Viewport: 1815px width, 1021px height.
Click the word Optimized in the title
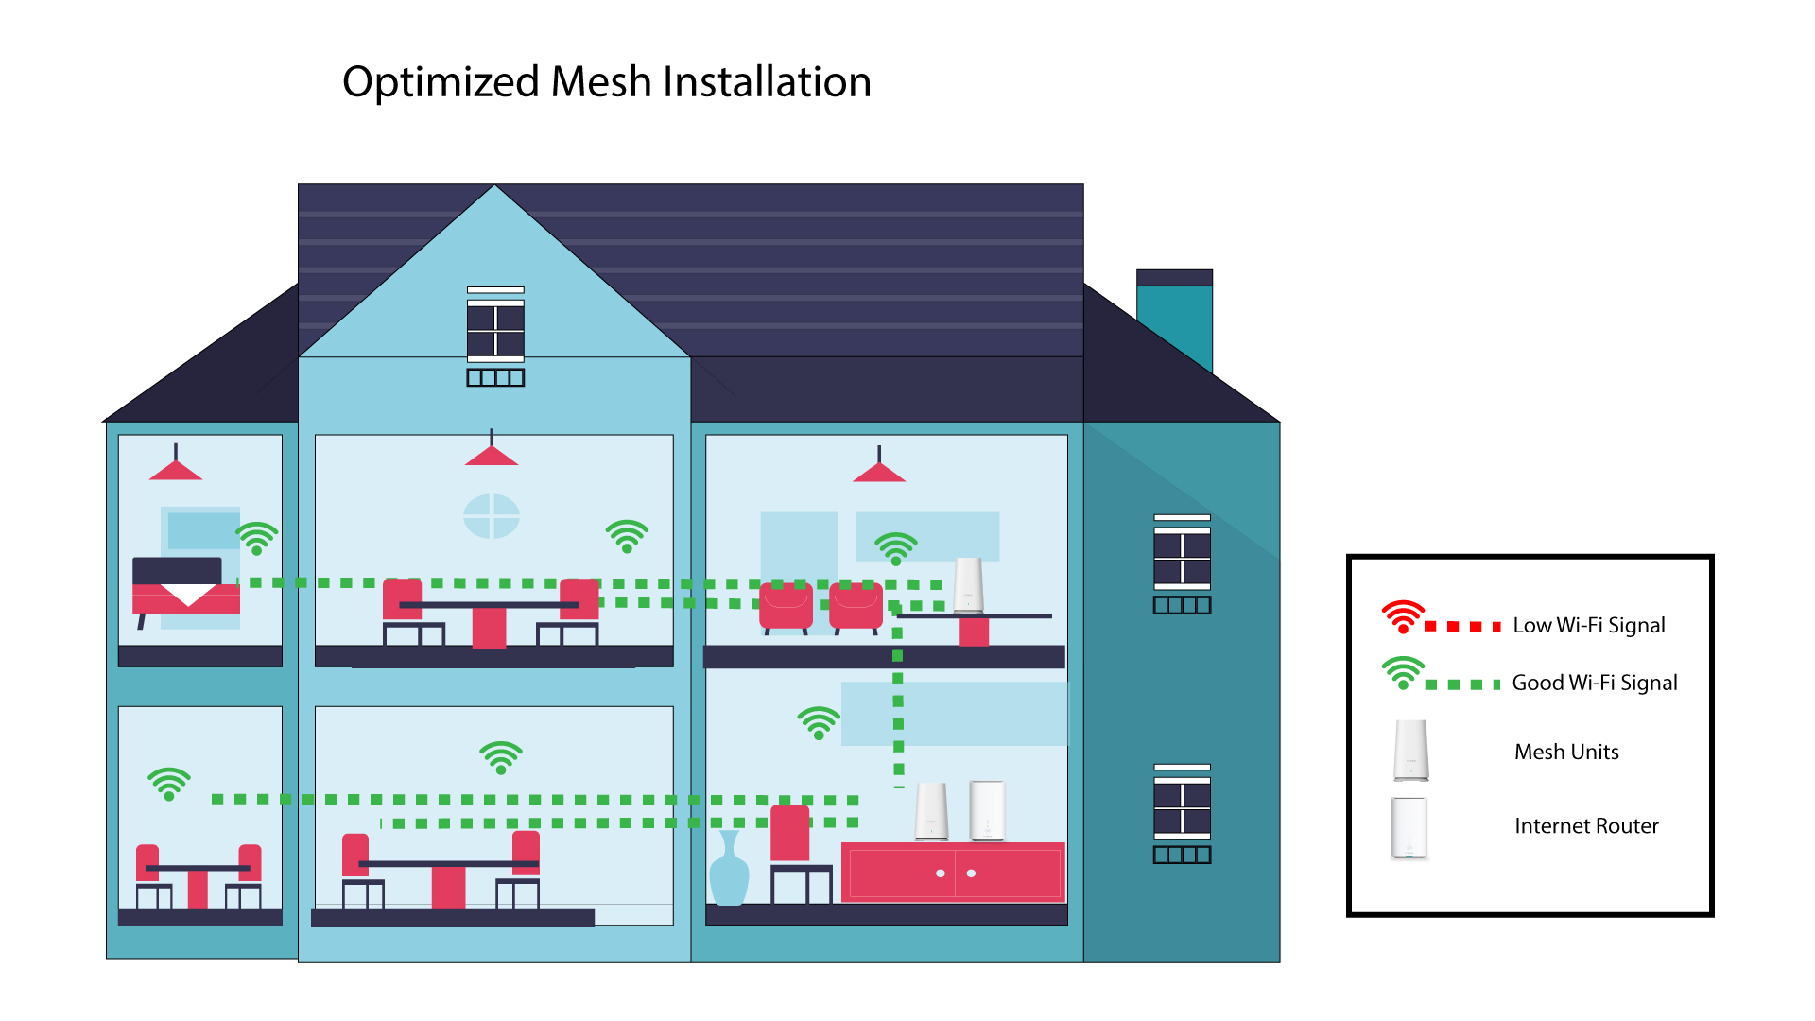(441, 83)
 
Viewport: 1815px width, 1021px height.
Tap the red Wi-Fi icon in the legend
(1403, 616)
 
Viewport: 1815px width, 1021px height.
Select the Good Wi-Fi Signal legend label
(1595, 683)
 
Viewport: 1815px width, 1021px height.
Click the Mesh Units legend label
(1566, 752)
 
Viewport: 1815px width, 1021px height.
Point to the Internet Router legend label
(1586, 825)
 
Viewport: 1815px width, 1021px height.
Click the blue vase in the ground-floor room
(729, 869)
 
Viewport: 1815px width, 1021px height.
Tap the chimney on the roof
(1174, 321)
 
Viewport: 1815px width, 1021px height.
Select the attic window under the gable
(495, 337)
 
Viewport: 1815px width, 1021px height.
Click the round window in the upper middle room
(492, 516)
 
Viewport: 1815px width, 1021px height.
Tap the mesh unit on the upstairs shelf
(968, 585)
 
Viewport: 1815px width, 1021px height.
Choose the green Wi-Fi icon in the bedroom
(256, 538)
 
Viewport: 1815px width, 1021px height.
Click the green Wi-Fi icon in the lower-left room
(169, 784)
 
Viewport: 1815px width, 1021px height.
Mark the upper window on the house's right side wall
(1182, 564)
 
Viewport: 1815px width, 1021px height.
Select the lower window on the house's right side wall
(1182, 814)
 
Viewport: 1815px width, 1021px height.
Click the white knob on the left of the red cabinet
(940, 874)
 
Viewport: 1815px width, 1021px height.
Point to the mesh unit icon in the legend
(1410, 751)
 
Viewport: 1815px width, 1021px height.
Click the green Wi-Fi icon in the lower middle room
(501, 757)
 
